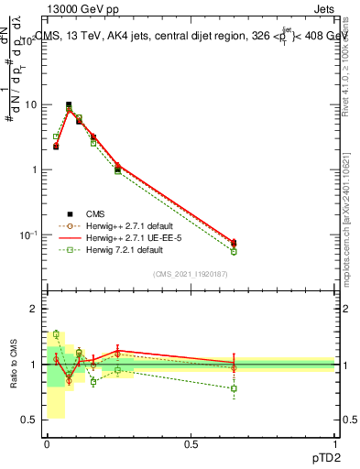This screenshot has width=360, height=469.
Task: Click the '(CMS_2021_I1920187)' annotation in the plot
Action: pyautogui.click(x=190, y=275)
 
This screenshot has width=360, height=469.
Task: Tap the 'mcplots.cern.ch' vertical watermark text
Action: pyautogui.click(x=348, y=238)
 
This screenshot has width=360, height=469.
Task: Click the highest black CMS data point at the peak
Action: pyautogui.click(x=69, y=105)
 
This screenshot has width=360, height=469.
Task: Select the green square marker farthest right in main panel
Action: pyautogui.click(x=234, y=251)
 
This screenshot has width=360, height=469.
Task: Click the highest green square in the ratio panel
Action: pyautogui.click(x=56, y=334)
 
